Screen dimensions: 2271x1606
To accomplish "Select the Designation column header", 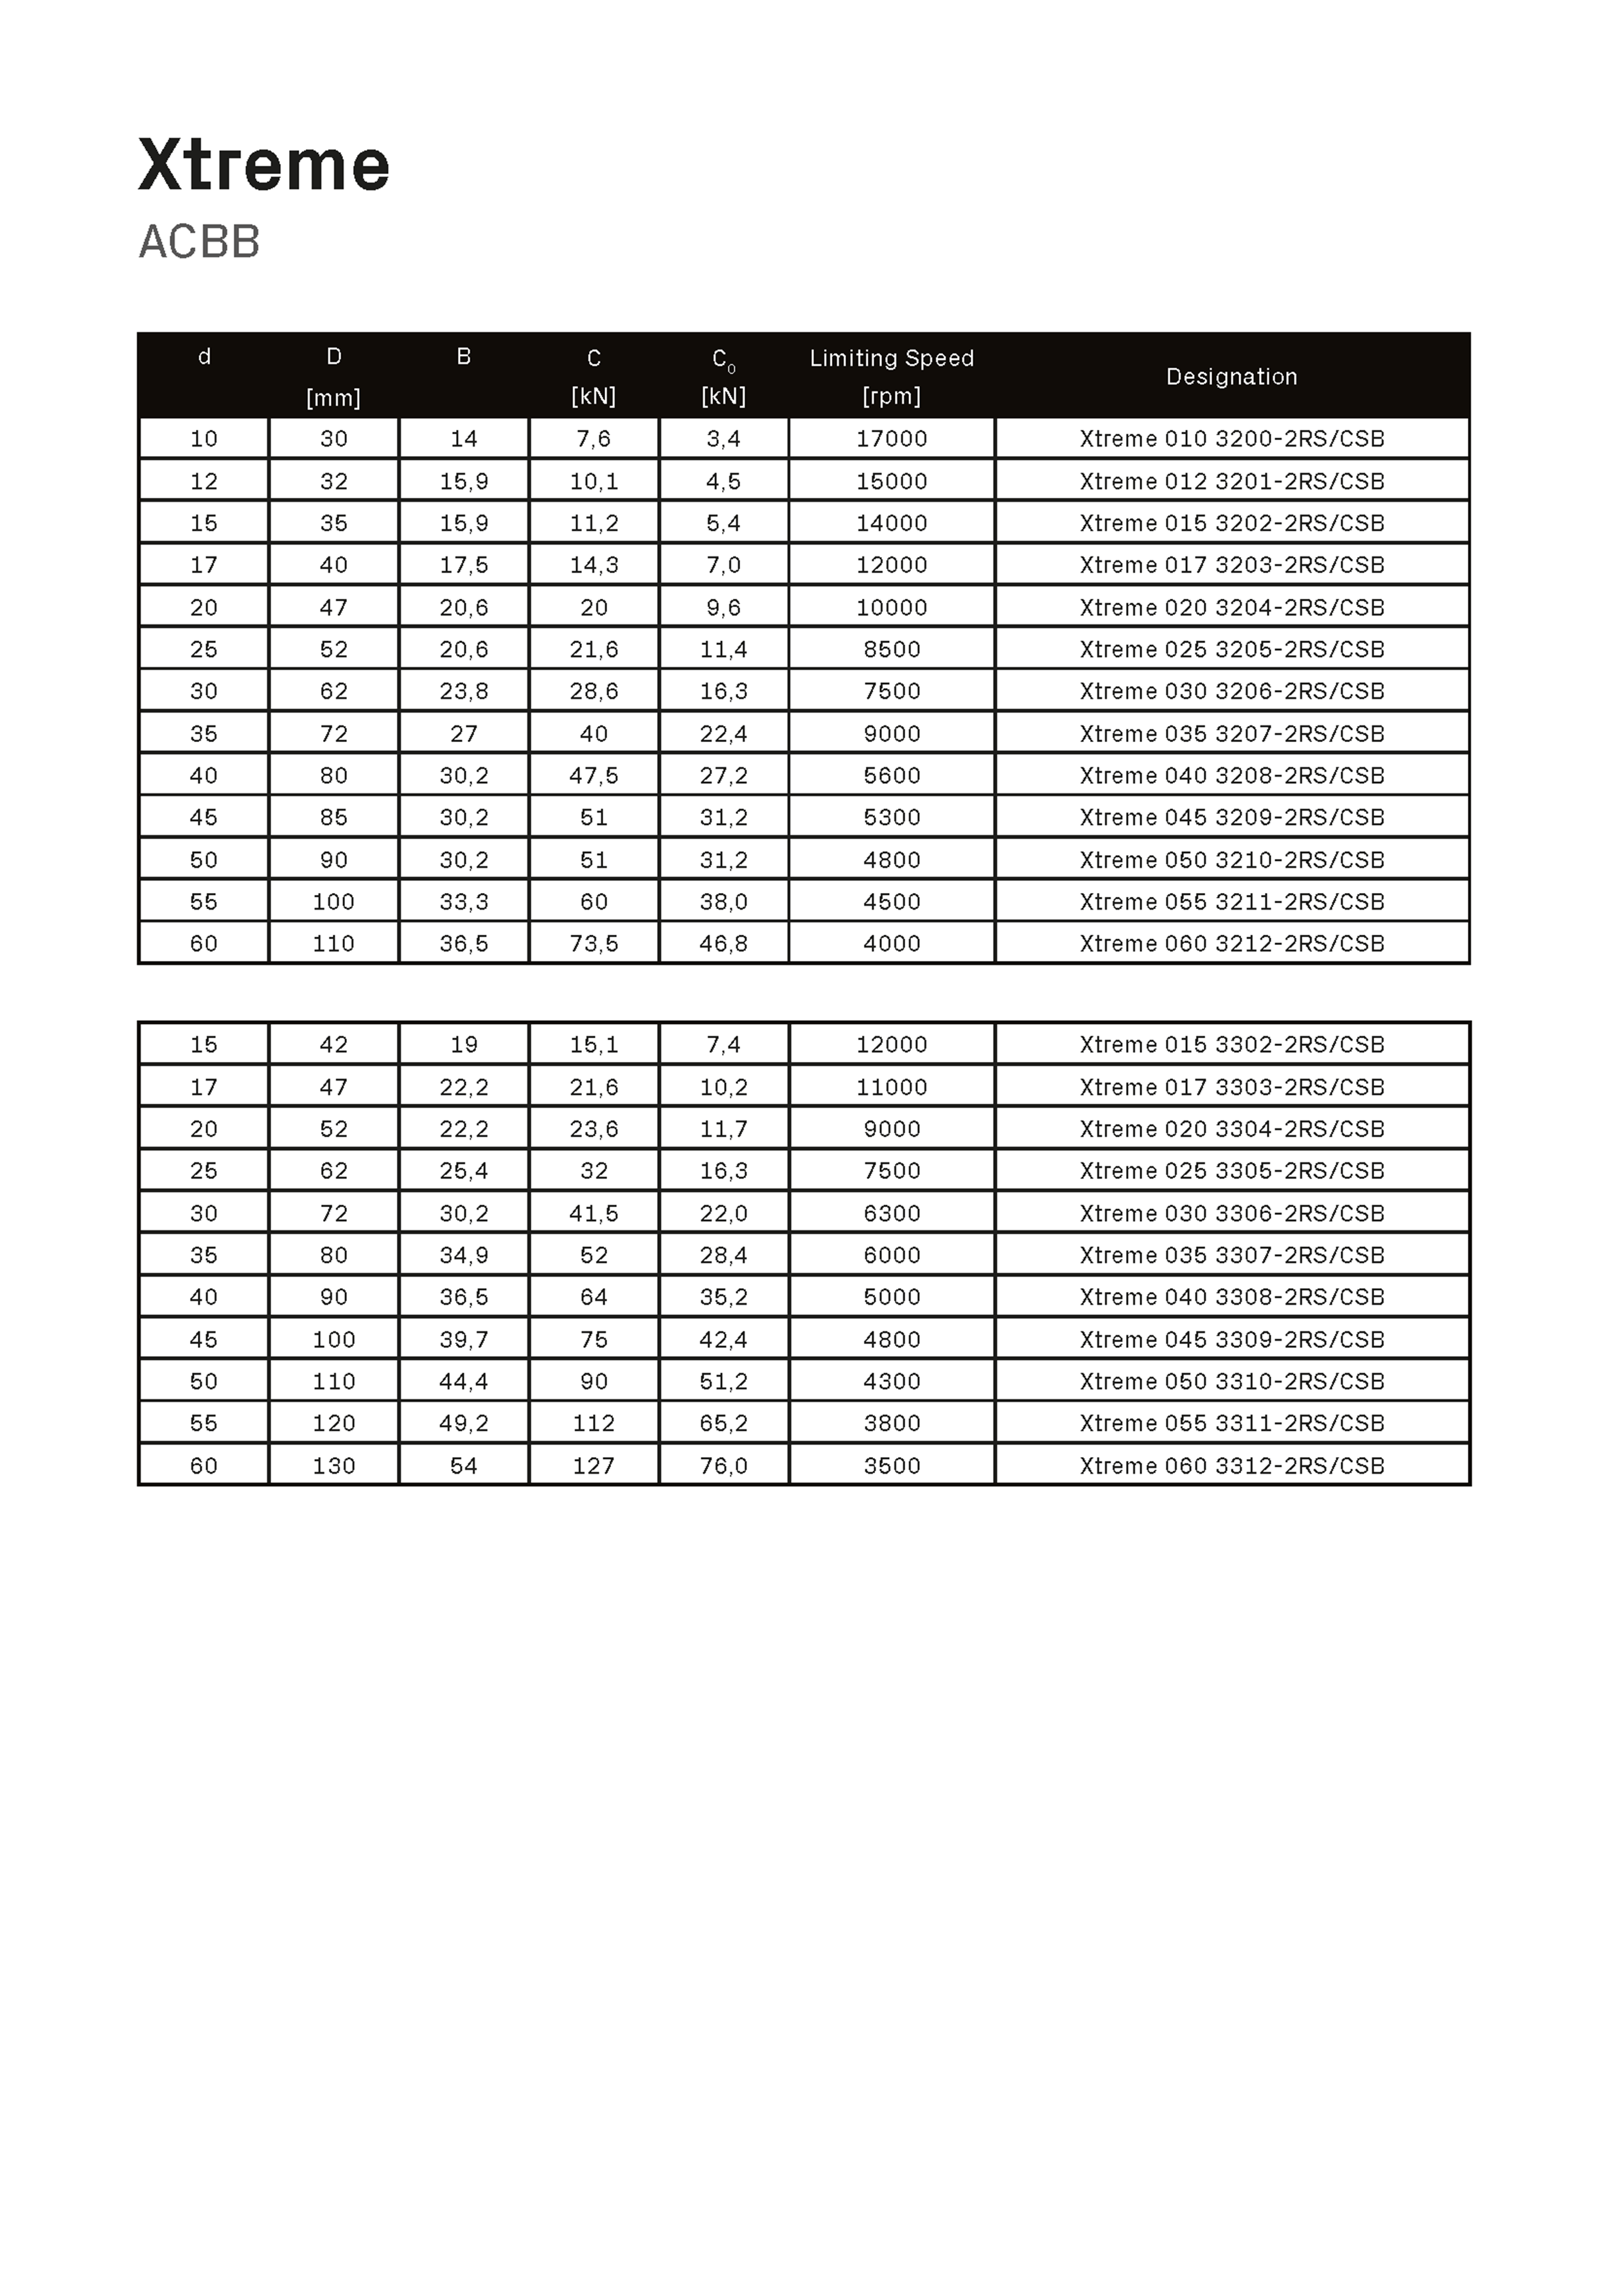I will coord(1231,377).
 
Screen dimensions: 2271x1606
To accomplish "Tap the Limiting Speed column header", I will coord(891,358).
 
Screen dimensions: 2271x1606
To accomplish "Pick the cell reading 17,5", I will coord(464,565).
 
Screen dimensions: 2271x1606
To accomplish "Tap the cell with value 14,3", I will coord(594,565).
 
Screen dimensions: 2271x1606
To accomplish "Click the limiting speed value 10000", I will coord(891,607).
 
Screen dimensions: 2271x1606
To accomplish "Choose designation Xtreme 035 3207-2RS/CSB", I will coord(1231,734).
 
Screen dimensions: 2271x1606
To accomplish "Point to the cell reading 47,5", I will coord(594,775).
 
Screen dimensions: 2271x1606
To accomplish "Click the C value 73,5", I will coord(594,944).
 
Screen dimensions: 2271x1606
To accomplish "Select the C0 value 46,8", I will coord(723,944).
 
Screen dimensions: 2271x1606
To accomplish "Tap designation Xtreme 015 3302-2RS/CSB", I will coord(1231,1045).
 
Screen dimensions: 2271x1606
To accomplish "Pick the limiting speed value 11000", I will coord(891,1087).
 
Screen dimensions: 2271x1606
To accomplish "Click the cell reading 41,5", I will coord(594,1214).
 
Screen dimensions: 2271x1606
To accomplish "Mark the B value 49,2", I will coord(464,1424).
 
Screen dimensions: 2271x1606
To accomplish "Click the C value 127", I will coord(594,1466).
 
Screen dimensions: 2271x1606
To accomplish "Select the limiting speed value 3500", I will coord(891,1466).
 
